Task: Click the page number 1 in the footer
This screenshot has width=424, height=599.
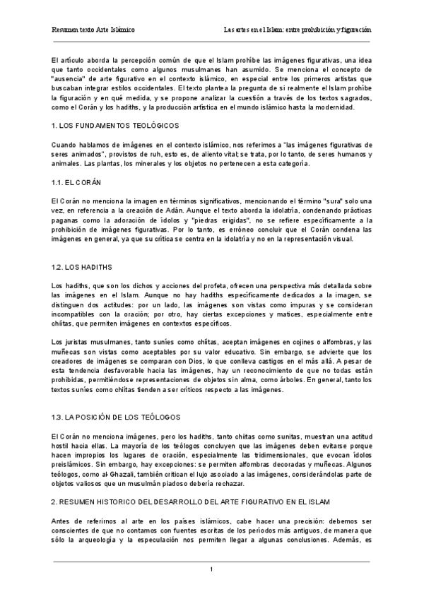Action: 211,569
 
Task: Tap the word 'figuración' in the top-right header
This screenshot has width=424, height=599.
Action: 355,31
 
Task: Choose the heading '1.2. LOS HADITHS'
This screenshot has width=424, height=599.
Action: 81,268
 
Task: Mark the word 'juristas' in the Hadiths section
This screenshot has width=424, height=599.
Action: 77,342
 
